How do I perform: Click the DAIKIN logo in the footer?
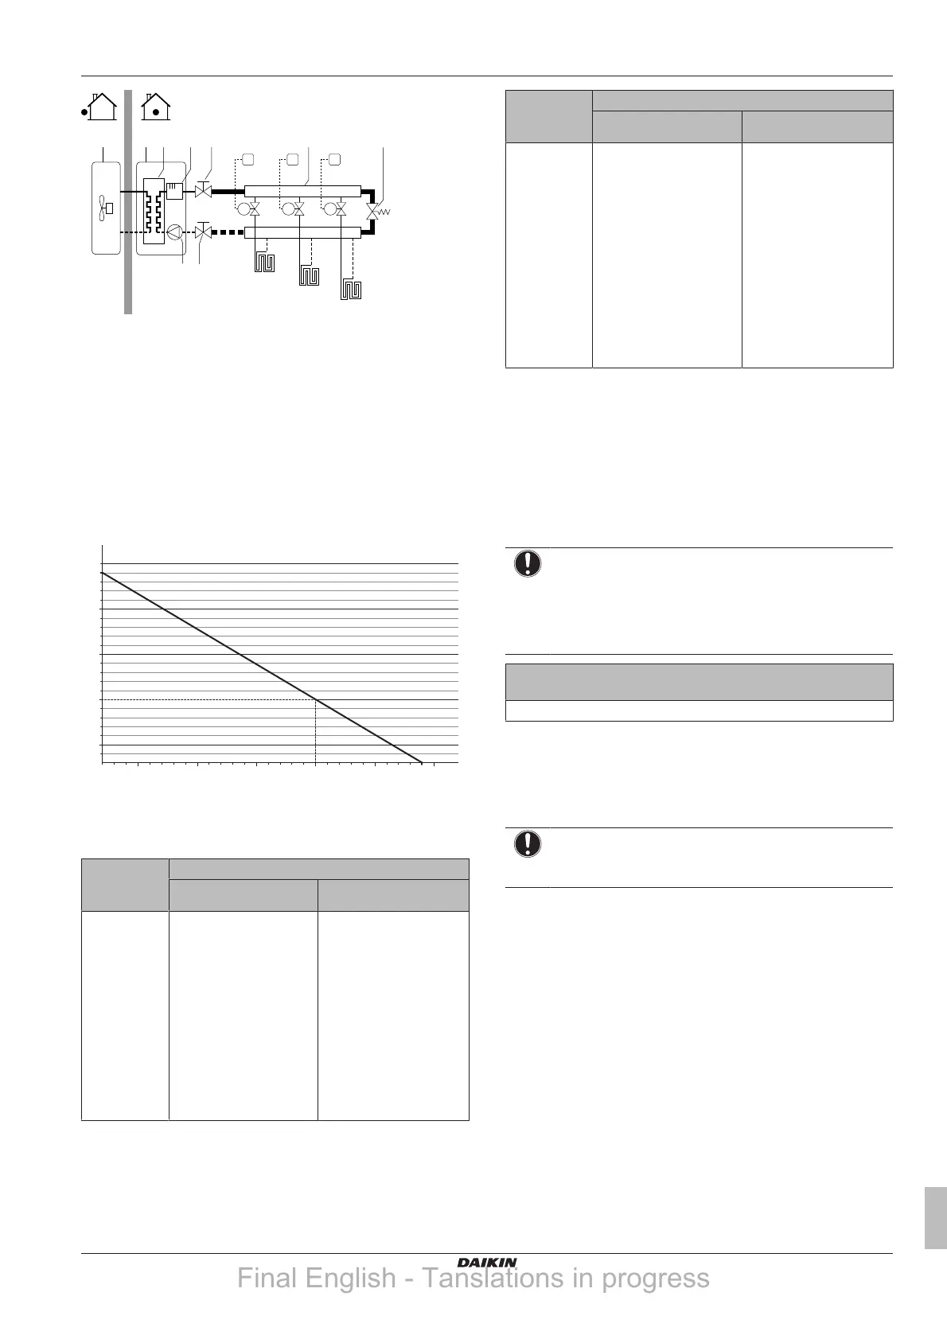point(487,1262)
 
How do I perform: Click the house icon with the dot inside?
point(156,107)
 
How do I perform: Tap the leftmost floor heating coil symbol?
point(263,262)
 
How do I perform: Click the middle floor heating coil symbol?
point(309,277)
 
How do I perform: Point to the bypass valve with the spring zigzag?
point(373,212)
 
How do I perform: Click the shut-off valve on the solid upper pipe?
point(203,192)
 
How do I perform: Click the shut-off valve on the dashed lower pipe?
point(203,233)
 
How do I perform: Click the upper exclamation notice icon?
point(527,563)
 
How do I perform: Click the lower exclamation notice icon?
point(527,843)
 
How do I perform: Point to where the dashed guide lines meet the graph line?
point(316,699)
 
